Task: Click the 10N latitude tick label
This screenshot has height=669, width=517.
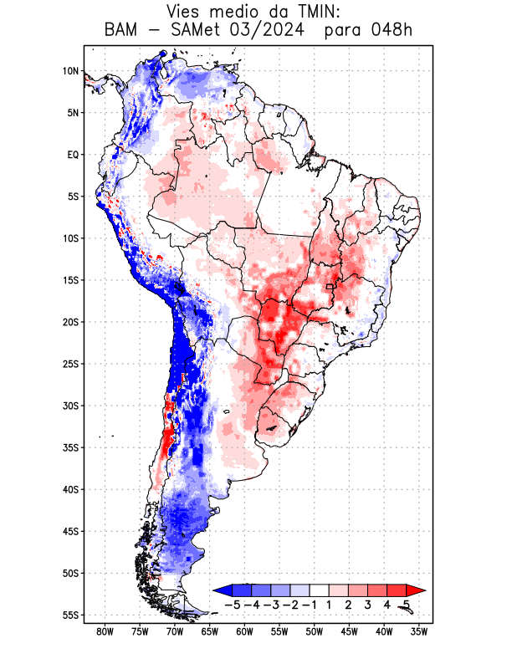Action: [x=70, y=71]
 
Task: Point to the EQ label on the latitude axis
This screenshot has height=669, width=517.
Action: [x=73, y=155]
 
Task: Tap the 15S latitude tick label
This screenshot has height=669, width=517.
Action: [x=70, y=280]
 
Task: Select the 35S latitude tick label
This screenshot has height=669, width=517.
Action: [x=70, y=447]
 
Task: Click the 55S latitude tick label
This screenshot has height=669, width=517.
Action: [x=70, y=615]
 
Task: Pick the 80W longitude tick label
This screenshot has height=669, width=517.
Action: [x=105, y=631]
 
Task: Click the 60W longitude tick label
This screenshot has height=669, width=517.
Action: [x=244, y=631]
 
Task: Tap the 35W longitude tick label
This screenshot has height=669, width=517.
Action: [x=419, y=631]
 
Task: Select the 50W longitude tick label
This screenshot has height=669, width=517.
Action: [x=314, y=631]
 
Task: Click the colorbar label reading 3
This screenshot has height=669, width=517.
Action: [x=368, y=605]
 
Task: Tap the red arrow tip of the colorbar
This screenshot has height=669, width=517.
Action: [x=411, y=590]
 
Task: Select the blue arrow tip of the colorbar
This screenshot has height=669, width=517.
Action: [x=220, y=590]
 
